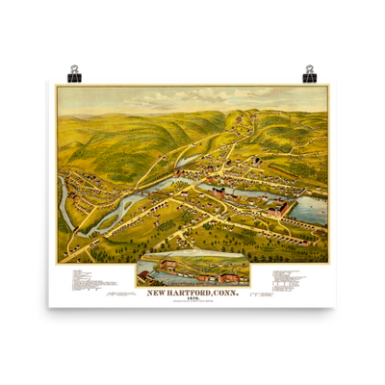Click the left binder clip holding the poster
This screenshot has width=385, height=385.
75,71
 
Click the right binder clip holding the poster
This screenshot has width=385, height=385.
310,71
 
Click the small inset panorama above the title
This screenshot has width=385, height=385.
192,271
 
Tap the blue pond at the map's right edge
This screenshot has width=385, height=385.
310,209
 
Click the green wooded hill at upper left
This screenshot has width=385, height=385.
106,130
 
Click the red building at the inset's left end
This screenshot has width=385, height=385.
144,277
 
